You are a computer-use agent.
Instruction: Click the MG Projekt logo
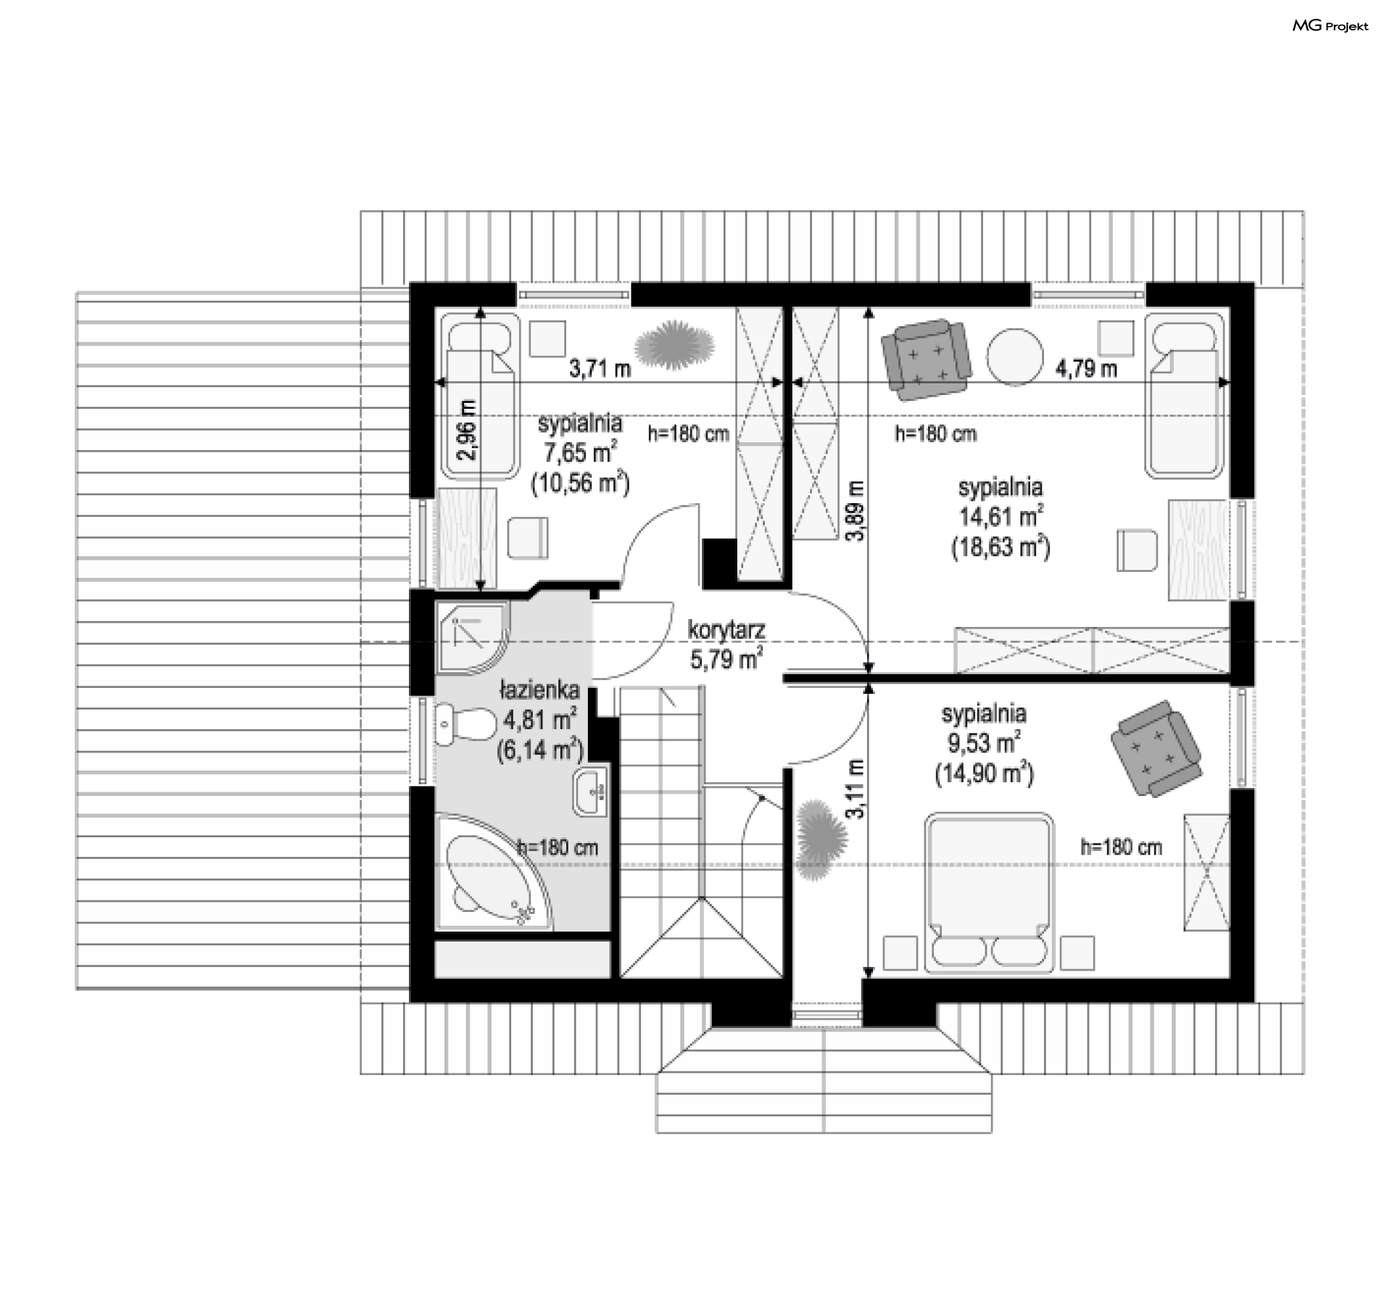click(1330, 26)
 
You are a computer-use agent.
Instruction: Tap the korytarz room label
click(726, 630)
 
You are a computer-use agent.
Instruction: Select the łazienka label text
click(539, 689)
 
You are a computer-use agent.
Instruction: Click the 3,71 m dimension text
click(600, 369)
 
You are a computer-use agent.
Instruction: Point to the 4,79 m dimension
click(1086, 369)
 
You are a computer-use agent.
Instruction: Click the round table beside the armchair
click(1014, 357)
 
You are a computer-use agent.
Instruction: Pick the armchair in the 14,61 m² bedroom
click(926, 359)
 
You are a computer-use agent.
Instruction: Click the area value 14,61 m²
click(1001, 517)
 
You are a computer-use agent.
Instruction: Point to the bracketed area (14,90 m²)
click(984, 775)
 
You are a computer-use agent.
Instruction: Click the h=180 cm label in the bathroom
click(558, 847)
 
